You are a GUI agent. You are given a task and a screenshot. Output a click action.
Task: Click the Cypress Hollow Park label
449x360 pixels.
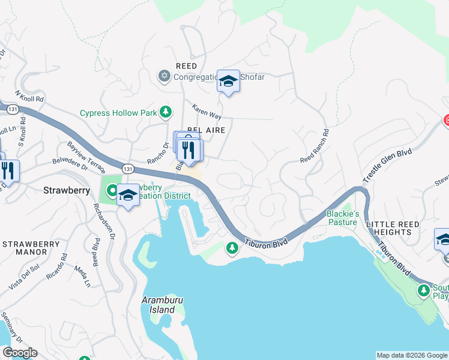[118, 113]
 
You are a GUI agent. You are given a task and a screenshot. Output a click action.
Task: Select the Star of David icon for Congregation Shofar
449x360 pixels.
[164, 76]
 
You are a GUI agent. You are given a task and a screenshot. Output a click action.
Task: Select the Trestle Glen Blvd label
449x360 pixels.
[387, 167]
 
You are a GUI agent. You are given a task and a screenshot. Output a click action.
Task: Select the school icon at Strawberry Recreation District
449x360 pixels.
[128, 195]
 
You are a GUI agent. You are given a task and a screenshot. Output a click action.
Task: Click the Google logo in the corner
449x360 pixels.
[20, 353]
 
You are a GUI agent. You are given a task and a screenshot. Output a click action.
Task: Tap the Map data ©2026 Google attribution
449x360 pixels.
[412, 355]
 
